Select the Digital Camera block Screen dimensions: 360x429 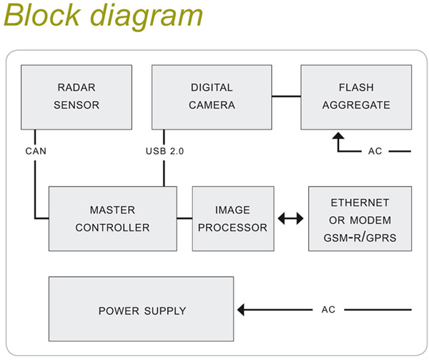coord(212,97)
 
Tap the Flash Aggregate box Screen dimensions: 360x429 coord(356,97)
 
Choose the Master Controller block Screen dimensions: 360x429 coord(113,218)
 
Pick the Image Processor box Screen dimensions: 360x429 coord(232,218)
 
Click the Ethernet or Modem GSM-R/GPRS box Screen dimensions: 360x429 coord(360,218)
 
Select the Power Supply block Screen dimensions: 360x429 coord(142,311)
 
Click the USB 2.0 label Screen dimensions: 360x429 coord(164,151)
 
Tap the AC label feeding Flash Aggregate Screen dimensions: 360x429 coord(375,152)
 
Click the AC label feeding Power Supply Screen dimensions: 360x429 coord(328,310)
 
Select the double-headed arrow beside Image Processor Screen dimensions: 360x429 coord(290,218)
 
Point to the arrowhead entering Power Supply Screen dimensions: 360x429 coord(242,310)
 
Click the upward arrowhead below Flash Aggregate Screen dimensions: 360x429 coord(338,136)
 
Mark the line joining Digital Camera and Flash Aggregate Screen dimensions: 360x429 coord(286,96)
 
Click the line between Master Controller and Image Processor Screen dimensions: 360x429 coord(184,218)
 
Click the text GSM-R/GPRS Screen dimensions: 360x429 coord(360,235)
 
